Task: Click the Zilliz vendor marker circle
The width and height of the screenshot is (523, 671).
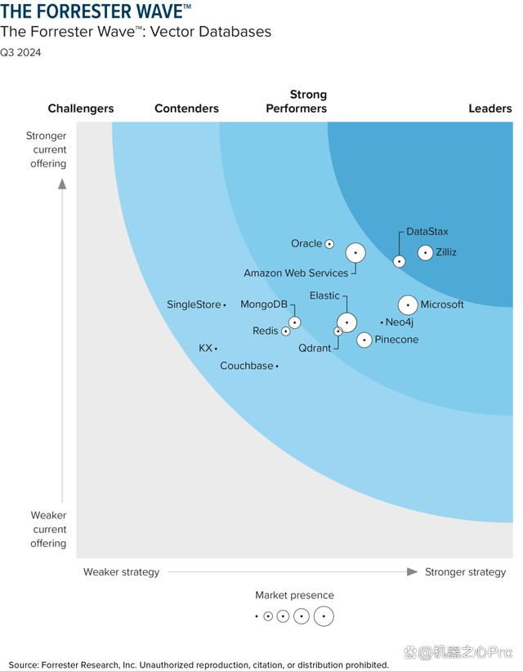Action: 425,253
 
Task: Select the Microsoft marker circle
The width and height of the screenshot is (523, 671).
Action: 408,305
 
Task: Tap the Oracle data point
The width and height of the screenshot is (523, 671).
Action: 329,244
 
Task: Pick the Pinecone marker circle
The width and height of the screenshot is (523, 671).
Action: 364,340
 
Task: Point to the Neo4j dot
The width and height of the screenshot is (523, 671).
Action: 382,322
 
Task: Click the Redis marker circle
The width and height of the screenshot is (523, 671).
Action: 285,331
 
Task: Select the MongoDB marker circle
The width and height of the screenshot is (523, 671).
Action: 294,322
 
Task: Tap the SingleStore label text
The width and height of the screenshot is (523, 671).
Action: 194,304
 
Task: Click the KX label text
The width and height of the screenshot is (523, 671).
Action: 205,349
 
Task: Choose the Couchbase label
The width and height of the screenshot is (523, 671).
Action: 246,367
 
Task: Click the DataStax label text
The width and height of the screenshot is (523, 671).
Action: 427,232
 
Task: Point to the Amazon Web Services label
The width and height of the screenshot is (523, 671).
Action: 296,273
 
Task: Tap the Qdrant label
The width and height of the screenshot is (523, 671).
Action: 315,349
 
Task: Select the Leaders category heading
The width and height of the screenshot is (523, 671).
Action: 489,109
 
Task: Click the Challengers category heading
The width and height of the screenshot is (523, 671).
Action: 81,109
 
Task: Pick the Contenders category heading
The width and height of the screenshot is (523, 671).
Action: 186,109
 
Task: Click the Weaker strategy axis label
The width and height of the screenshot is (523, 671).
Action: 121,572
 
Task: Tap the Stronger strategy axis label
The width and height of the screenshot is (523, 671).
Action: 465,572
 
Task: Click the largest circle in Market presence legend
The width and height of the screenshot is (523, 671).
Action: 324,616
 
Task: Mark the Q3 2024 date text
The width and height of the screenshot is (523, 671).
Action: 20,53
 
